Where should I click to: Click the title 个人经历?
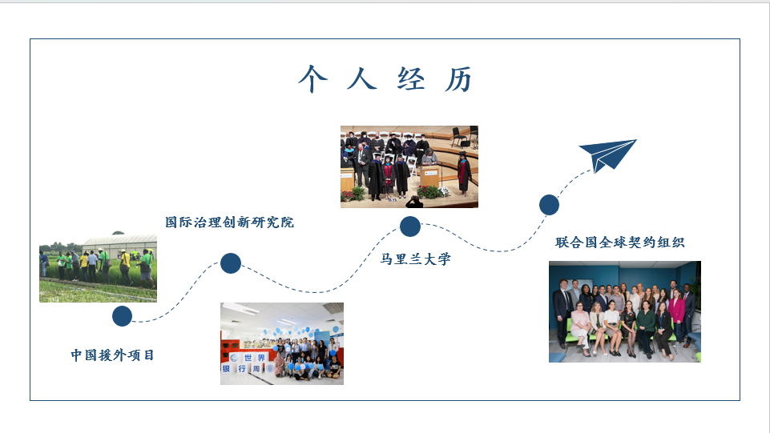pos(385,79)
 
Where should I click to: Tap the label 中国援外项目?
pos(112,355)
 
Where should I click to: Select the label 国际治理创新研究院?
pos(229,223)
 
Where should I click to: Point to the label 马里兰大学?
pos(415,259)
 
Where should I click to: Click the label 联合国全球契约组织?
pos(619,242)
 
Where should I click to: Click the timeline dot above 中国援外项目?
pos(123,316)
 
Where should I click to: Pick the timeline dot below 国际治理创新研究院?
pos(231,263)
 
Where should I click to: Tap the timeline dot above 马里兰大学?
pos(410,226)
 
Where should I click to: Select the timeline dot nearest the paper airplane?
pos(549,204)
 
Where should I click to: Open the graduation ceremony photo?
pos(409,166)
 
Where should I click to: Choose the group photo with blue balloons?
pos(282,343)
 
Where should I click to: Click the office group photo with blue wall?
pos(625,312)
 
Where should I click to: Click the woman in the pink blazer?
pos(677,314)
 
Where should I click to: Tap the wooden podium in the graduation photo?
pos(429,178)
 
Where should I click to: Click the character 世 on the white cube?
pos(248,358)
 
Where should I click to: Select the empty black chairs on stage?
pos(464,136)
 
